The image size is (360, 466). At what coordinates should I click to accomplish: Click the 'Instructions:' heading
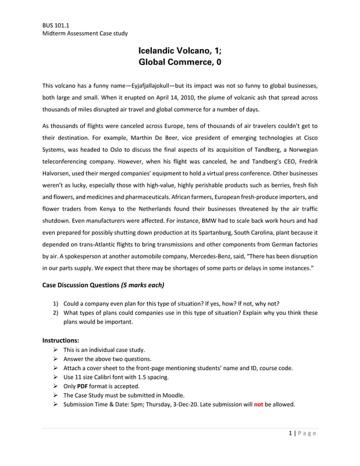(x=61, y=340)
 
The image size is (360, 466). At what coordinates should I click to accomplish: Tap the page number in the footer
(x=291, y=433)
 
